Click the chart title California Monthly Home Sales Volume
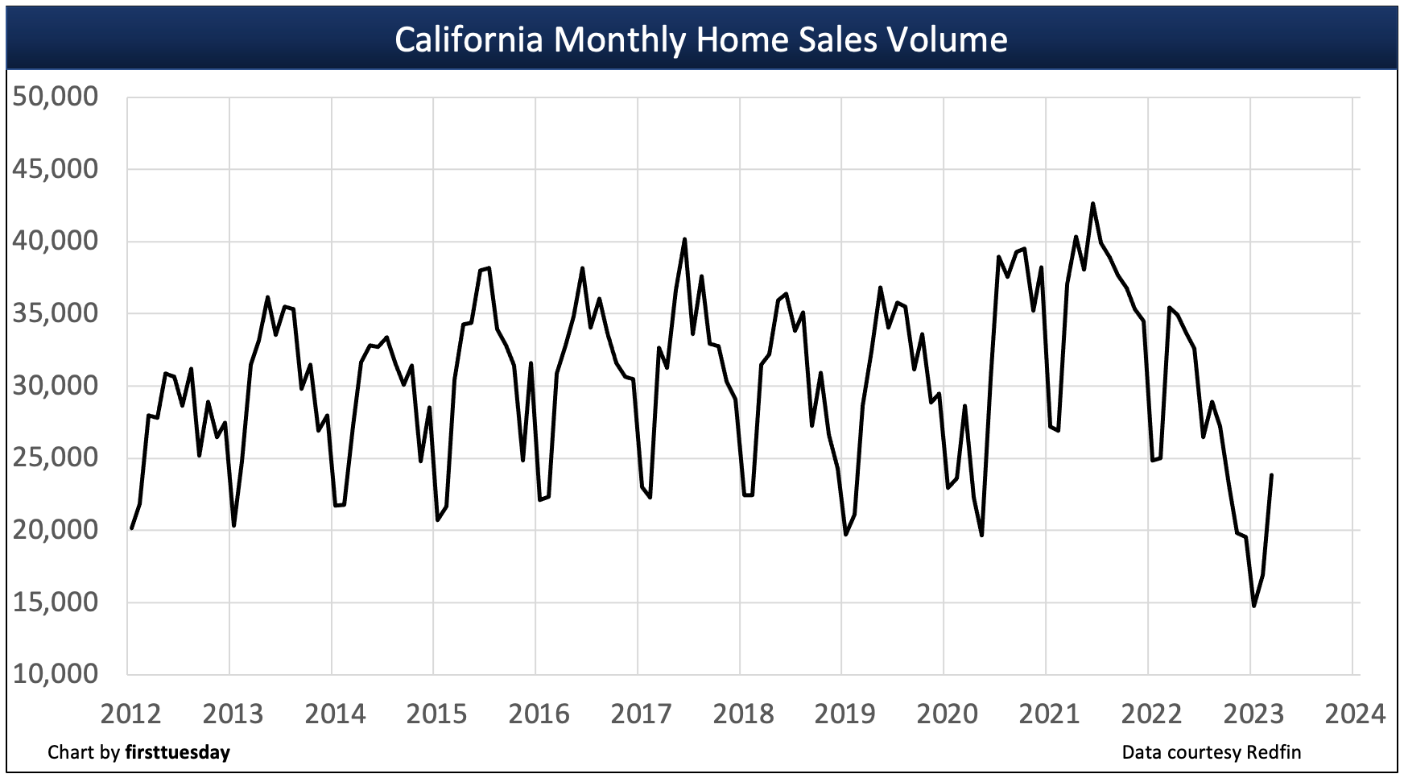(700, 39)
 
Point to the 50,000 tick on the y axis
(56, 97)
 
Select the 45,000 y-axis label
(56, 169)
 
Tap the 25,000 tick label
(56, 457)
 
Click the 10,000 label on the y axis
(56, 674)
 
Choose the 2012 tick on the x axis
(130, 714)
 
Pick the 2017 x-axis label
(641, 714)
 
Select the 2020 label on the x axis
(948, 714)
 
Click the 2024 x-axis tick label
(1356, 714)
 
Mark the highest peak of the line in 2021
(1092, 204)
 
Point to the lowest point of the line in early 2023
(1253, 606)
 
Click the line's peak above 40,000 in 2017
(684, 239)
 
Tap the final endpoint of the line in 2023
(1271, 475)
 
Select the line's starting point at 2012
(131, 528)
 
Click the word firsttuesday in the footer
(177, 752)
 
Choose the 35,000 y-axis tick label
(56, 313)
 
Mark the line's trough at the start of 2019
(845, 534)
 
